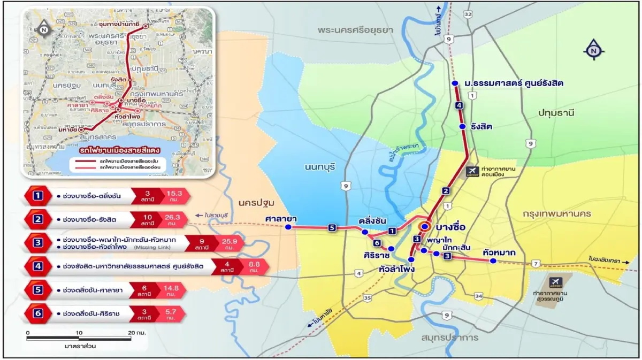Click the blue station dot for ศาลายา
pos(288,227)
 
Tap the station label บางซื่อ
pos(450,227)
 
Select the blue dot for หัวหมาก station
pos(493,261)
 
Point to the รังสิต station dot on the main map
pos(463,126)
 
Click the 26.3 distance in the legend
pos(174,219)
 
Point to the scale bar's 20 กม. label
pos(137,333)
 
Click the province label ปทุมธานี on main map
pos(556,112)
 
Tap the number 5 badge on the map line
pos(332,228)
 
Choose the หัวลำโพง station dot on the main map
pos(411,259)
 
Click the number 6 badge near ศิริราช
pos(377,243)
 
